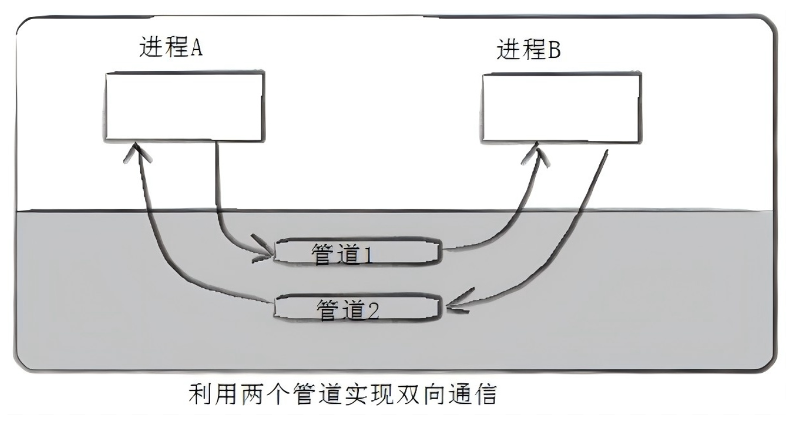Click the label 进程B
pos(529,51)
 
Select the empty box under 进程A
pos(185,106)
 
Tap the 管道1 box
pos(356,252)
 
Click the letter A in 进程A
pos(195,48)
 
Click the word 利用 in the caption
pos(213,393)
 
